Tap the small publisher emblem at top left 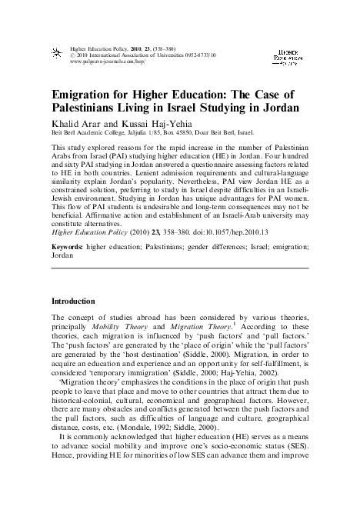point(55,52)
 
